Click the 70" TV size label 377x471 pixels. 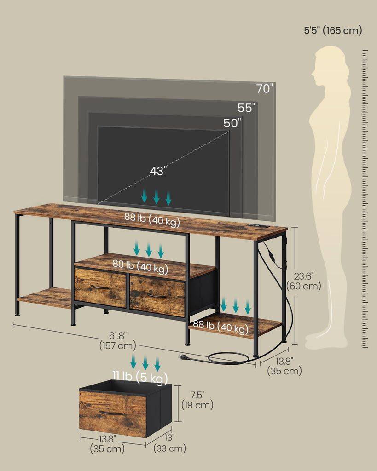coord(265,89)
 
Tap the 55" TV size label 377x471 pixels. coord(246,108)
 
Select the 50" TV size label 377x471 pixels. coord(232,123)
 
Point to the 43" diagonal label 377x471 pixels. coord(158,171)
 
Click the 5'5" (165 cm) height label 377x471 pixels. coord(333,30)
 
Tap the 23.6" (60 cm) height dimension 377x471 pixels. coord(304,281)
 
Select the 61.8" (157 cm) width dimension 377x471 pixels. coord(117,341)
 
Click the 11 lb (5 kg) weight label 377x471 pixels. coord(140,377)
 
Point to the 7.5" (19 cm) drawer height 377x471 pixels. coord(197,400)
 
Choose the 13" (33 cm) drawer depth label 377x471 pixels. coord(169,443)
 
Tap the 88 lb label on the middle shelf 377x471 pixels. coord(140,266)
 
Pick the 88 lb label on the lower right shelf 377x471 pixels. coord(220,327)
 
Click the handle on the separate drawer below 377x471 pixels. coord(111,413)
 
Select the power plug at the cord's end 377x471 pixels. coord(183,357)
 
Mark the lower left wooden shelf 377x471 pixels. coord(45,298)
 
